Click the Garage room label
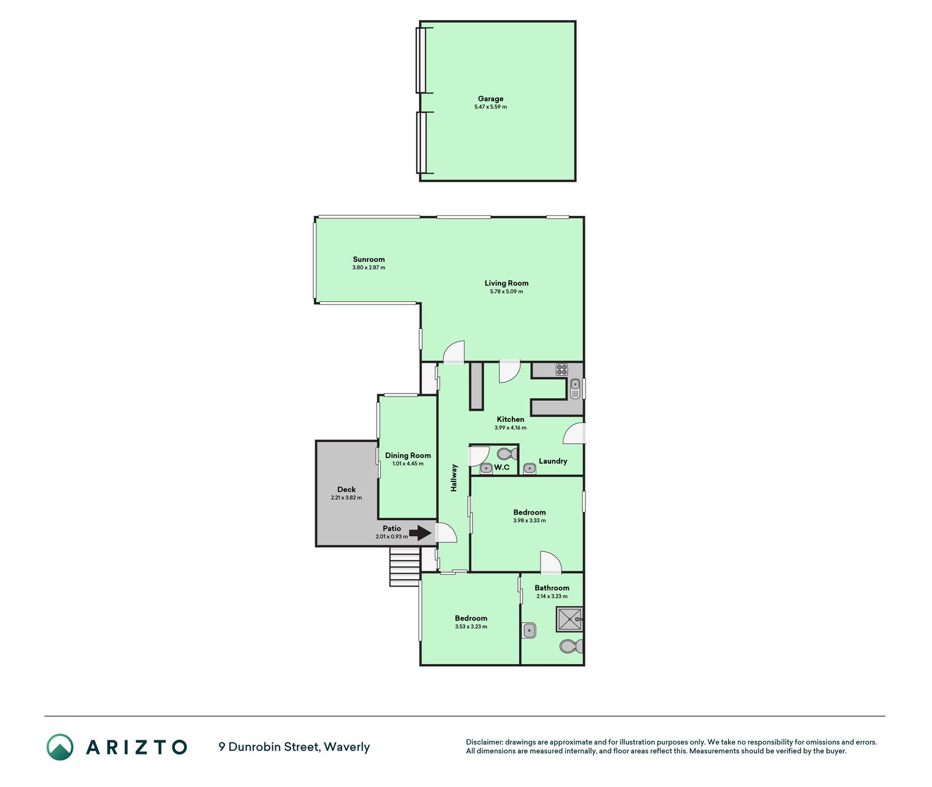point(490,99)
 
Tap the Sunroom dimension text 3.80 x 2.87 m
point(368,267)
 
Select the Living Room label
point(506,283)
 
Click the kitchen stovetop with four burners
point(562,370)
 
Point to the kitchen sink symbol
point(575,388)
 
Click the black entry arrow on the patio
point(420,532)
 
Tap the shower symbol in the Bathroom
point(570,619)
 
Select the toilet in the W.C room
point(507,454)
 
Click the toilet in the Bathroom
point(571,646)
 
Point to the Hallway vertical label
point(454,478)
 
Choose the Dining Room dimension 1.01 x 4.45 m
point(407,464)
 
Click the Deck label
point(347,489)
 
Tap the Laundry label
point(552,461)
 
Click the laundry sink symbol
point(530,469)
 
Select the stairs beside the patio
point(405,567)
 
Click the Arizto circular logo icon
point(60,747)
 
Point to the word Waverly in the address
point(347,747)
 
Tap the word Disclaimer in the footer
point(484,742)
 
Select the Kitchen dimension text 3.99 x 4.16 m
point(510,427)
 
